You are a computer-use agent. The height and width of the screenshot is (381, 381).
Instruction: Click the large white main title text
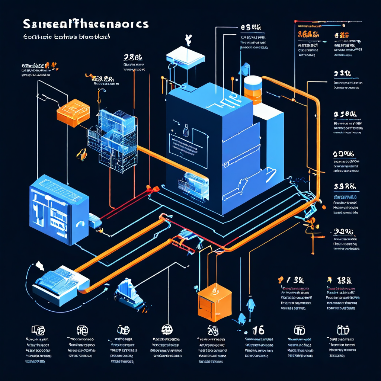point(86,24)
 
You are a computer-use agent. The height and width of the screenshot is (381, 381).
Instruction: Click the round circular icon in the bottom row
point(167,329)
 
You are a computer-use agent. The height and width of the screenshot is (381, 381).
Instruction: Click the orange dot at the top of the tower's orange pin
point(162,78)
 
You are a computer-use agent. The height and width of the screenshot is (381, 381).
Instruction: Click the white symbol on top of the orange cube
point(214,288)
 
